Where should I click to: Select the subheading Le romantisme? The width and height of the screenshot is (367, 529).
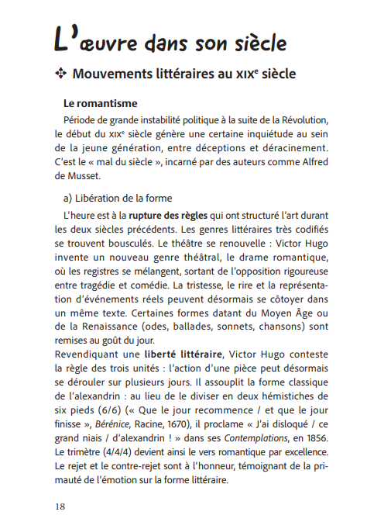[101, 102]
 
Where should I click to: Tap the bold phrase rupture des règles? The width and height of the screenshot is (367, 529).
[168, 214]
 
